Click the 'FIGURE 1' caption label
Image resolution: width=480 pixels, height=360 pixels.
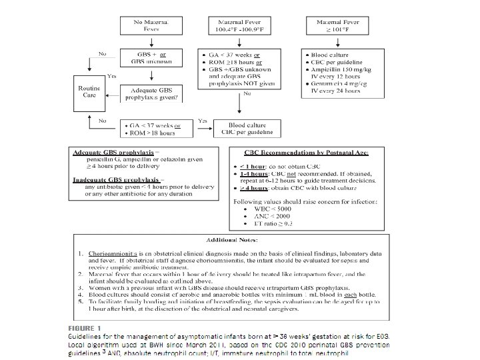point(87,329)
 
